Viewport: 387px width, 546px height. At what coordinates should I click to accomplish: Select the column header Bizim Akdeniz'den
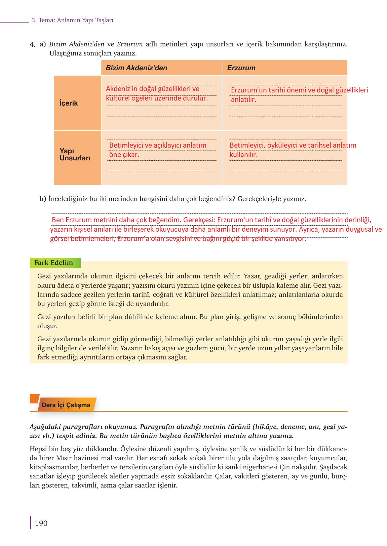click(x=136, y=68)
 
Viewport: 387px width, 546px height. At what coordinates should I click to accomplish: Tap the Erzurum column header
click(x=241, y=68)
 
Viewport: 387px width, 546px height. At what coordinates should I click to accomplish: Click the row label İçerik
click(x=69, y=103)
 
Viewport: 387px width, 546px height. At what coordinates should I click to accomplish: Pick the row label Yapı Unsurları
click(x=75, y=155)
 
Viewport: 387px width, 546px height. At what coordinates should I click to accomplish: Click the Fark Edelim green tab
click(x=54, y=263)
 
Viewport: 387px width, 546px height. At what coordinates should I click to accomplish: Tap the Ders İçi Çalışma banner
click(x=66, y=405)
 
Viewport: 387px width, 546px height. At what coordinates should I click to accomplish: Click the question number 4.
click(x=32, y=44)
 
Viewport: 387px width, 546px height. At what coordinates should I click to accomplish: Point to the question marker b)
click(x=43, y=199)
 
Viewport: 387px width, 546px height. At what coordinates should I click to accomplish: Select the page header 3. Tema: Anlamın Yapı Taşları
click(x=72, y=20)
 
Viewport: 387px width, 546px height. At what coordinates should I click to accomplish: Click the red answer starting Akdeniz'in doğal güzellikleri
click(x=157, y=93)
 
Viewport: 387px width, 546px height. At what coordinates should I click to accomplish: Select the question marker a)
click(x=43, y=44)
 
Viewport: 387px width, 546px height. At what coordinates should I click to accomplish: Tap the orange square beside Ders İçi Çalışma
click(x=34, y=398)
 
